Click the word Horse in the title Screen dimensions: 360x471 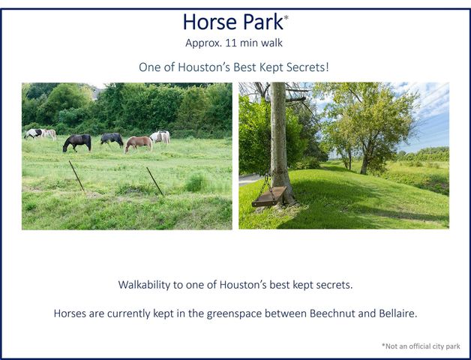[x=207, y=22]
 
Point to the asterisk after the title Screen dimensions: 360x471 [x=286, y=16]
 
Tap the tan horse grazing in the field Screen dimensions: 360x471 [x=137, y=143]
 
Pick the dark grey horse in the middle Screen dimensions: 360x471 [x=112, y=139]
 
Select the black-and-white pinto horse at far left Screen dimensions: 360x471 [x=34, y=133]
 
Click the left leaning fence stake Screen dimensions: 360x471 [x=76, y=175]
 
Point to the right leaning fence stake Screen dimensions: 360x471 [x=154, y=181]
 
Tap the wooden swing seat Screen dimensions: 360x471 [x=268, y=198]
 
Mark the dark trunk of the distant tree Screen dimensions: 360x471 [x=365, y=163]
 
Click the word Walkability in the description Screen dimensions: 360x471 [x=148, y=285]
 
